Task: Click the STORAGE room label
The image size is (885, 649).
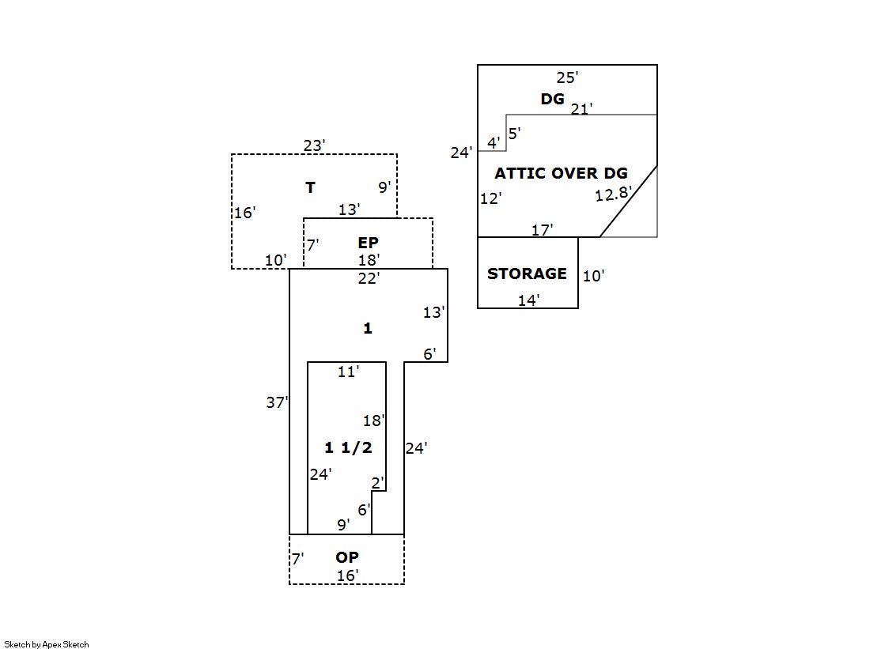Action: (x=527, y=274)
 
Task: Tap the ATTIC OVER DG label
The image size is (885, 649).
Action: (x=561, y=173)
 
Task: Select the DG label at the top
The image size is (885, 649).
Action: (x=553, y=99)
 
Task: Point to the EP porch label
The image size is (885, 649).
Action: (x=368, y=243)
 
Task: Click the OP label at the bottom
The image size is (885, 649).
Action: (x=347, y=558)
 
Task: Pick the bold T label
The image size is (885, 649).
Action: (x=311, y=187)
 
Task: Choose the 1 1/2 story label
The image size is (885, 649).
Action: (x=348, y=447)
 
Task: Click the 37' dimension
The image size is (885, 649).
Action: (x=277, y=402)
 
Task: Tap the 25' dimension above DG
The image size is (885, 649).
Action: (x=567, y=77)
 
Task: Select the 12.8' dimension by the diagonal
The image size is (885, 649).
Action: (x=613, y=194)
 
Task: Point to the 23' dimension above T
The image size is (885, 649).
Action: (x=314, y=145)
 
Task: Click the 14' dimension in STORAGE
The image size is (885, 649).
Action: (x=528, y=300)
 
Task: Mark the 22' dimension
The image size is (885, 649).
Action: (x=368, y=277)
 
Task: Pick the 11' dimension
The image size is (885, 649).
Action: (x=348, y=372)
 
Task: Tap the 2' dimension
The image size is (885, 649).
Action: (x=378, y=482)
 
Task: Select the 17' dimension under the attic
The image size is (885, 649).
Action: (x=542, y=230)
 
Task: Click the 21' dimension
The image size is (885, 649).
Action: (x=581, y=109)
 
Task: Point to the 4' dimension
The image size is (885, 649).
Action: (x=494, y=143)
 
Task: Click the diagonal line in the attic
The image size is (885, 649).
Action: (x=629, y=201)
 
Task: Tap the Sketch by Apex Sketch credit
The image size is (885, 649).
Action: (x=47, y=644)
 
